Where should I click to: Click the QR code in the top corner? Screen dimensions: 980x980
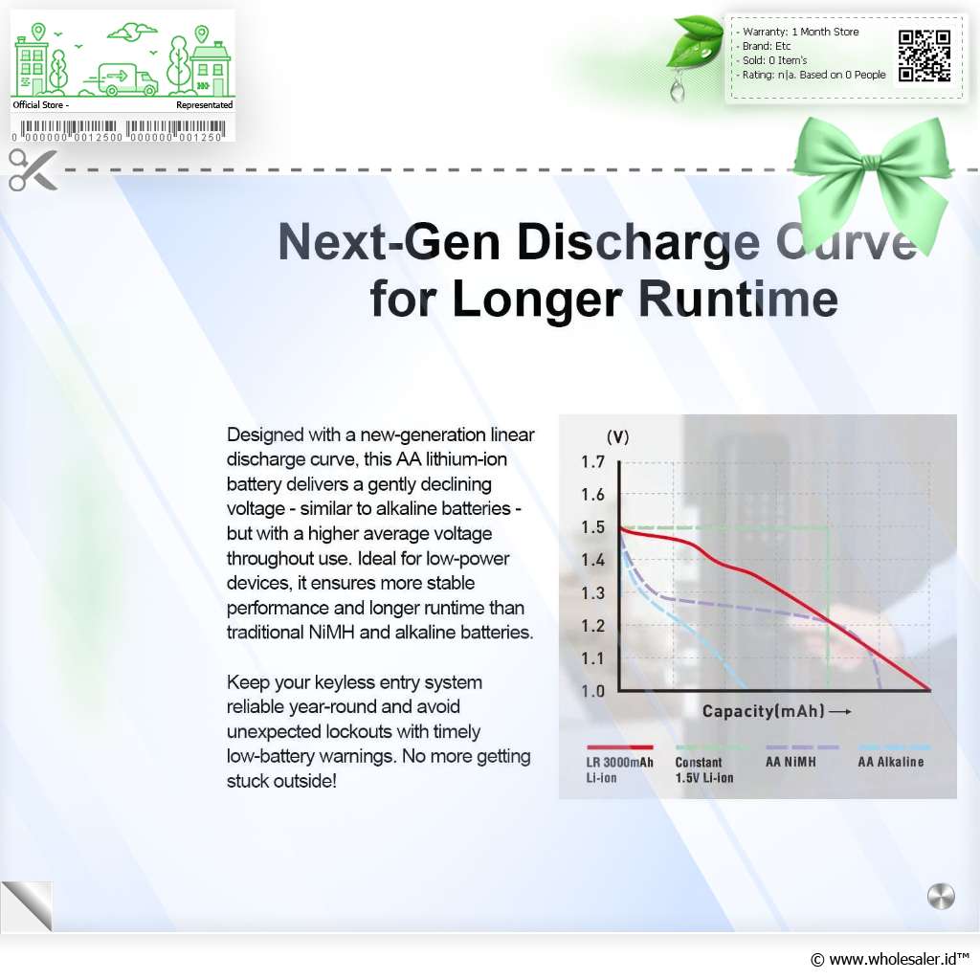point(924,56)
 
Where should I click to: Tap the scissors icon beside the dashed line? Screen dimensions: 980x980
point(33,169)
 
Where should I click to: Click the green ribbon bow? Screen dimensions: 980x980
point(873,181)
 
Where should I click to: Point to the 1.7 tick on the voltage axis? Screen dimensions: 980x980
point(592,462)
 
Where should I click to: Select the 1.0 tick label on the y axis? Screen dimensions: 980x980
point(592,691)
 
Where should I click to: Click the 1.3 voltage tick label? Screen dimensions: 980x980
point(592,593)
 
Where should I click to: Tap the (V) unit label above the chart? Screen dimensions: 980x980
point(617,436)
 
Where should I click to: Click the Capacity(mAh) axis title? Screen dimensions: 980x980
point(763,711)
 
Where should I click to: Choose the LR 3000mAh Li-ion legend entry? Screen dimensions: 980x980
point(619,770)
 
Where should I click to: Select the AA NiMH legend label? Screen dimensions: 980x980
point(791,762)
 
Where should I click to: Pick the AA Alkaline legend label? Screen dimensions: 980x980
point(891,762)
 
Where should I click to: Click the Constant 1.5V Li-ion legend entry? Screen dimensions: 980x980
point(704,770)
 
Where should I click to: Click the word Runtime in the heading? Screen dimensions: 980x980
point(738,299)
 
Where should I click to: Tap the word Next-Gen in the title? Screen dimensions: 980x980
point(389,242)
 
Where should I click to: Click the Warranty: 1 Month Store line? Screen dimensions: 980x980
point(801,32)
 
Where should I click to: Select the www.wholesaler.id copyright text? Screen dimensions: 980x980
point(889,959)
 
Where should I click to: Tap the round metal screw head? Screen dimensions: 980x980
point(941,897)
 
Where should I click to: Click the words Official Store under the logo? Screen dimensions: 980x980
point(37,105)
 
